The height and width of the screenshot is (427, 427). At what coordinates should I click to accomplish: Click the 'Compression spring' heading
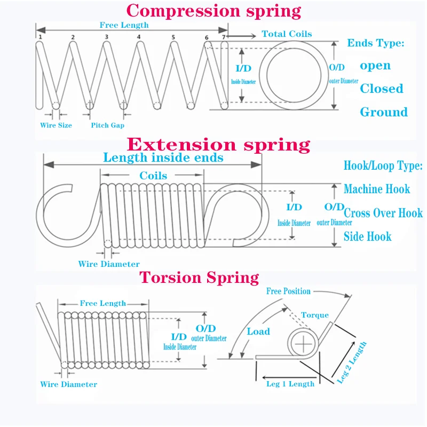[x=213, y=11]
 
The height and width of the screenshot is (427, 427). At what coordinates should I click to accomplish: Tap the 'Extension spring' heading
[x=218, y=144]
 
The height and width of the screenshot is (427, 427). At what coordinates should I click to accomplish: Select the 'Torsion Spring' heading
[x=199, y=278]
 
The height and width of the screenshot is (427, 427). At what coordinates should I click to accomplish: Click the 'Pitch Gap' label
[x=107, y=125]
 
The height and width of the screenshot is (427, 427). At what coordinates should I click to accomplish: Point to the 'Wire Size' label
[x=56, y=125]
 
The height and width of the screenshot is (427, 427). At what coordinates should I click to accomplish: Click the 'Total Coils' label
[x=287, y=34]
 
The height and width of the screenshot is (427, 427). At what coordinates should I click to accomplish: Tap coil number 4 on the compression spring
[x=139, y=37]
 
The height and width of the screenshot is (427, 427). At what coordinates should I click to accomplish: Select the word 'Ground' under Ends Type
[x=383, y=112]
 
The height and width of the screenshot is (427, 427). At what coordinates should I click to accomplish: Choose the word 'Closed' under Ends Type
[x=381, y=89]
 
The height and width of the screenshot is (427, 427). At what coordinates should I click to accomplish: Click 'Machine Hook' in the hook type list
[x=377, y=189]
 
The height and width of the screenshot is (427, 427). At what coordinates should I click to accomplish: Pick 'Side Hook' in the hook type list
[x=367, y=236]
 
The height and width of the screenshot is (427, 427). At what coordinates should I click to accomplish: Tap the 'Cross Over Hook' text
[x=383, y=213]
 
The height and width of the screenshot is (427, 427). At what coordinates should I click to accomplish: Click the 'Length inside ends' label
[x=163, y=158]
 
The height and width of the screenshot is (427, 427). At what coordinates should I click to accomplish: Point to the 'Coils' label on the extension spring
[x=153, y=176]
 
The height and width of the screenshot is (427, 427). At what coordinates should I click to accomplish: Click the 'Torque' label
[x=315, y=315]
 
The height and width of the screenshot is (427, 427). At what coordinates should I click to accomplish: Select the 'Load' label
[x=258, y=331]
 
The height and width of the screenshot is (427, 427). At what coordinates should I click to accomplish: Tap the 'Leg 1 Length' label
[x=290, y=384]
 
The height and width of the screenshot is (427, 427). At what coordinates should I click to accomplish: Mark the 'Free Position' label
[x=288, y=291]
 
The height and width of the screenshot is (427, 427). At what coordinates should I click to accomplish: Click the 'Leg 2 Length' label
[x=352, y=362]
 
